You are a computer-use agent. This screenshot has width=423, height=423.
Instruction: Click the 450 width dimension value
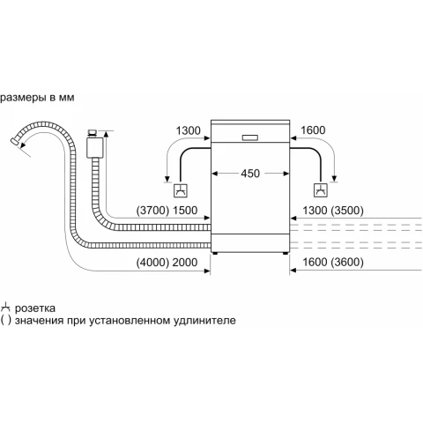[x=250, y=174]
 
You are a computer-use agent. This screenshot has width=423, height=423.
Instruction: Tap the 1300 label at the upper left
[x=188, y=130]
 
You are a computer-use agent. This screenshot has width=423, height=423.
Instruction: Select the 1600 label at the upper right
[x=313, y=130]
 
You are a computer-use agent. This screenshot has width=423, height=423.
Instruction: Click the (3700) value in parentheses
[x=152, y=211]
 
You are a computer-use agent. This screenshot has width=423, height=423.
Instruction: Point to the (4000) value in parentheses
[x=152, y=263]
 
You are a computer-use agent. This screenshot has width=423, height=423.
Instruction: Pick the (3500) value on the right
[x=347, y=211]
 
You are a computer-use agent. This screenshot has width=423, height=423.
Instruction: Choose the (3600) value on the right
[x=347, y=262]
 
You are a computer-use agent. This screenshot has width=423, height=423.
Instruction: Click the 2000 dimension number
[x=185, y=263]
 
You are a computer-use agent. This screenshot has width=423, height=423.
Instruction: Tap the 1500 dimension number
[x=185, y=211]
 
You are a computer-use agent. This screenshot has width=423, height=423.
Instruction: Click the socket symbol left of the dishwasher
[x=181, y=190]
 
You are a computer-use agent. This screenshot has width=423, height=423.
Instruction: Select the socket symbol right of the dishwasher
[x=321, y=190]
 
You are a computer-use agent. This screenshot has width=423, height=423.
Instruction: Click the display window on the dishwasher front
[x=250, y=137]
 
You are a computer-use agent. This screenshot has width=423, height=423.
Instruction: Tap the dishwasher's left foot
[x=215, y=253]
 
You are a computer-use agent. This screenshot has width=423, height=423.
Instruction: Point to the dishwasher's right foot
[x=286, y=253]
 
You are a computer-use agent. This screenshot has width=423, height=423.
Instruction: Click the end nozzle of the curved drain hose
[x=15, y=141]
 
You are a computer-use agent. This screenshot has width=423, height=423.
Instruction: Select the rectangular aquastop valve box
[x=95, y=148]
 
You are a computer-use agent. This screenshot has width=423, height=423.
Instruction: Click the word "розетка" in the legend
[x=35, y=308]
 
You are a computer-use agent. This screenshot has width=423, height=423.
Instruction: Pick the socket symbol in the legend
[x=5, y=308]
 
